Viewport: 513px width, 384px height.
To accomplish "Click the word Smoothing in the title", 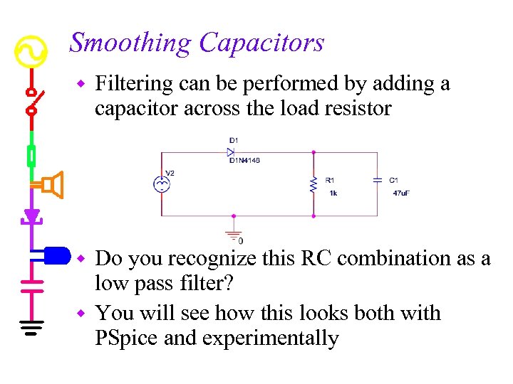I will pos(130,43).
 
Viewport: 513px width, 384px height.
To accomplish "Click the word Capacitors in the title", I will pos(261,43).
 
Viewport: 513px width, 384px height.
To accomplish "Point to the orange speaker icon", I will pos(51,185).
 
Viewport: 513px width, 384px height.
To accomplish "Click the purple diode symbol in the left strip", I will pos(31,215).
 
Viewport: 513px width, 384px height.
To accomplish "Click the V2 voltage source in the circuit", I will pos(162,184).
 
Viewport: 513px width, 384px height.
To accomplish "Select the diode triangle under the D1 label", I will pos(231,152).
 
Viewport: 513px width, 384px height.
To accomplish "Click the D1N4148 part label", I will pos(244,161).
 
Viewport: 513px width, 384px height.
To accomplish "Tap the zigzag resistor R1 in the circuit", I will pos(313,184).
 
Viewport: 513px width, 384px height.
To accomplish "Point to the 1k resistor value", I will pos(333,193).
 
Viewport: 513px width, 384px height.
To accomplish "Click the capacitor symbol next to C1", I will pos(377,181).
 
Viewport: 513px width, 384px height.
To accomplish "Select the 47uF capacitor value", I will pos(401,193).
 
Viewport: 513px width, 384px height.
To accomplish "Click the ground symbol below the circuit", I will pos(234,234).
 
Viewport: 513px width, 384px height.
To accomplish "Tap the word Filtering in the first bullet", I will pos(134,85).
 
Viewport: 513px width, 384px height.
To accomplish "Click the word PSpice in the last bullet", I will pos(127,338).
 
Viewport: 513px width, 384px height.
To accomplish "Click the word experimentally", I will pos(271,338).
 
